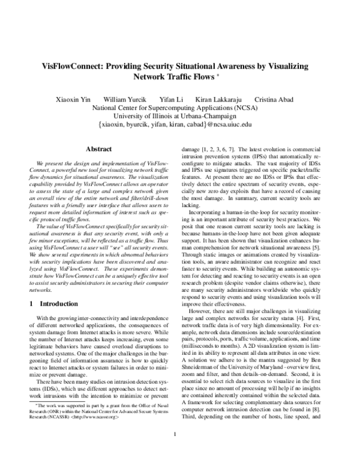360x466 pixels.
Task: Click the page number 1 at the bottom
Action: (x=174, y=452)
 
